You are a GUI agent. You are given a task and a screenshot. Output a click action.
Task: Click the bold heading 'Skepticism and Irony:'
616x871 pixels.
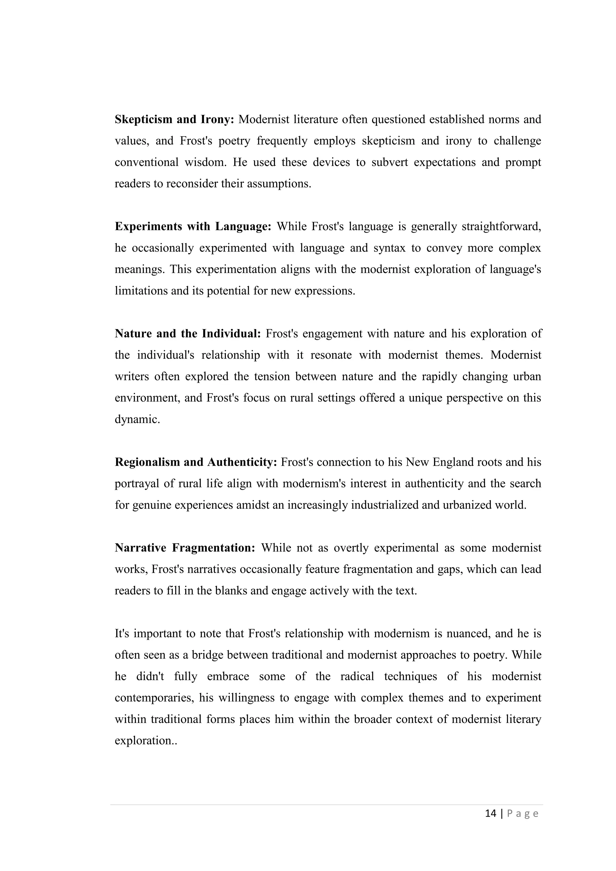[x=174, y=119]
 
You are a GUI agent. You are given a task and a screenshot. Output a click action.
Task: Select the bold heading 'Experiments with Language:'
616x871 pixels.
[x=193, y=227]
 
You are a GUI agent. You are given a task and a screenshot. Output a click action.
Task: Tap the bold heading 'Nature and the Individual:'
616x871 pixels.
[x=188, y=334]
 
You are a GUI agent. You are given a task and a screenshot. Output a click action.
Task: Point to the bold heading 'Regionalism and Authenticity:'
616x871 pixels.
[x=196, y=462]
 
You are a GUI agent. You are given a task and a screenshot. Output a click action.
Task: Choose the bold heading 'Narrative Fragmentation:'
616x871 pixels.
[x=185, y=548]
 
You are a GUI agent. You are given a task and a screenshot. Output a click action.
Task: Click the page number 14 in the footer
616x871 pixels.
[x=491, y=813]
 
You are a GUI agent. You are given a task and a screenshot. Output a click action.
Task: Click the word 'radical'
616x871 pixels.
[x=357, y=676]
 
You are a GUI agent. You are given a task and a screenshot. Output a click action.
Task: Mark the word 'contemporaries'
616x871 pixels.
[x=156, y=698]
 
